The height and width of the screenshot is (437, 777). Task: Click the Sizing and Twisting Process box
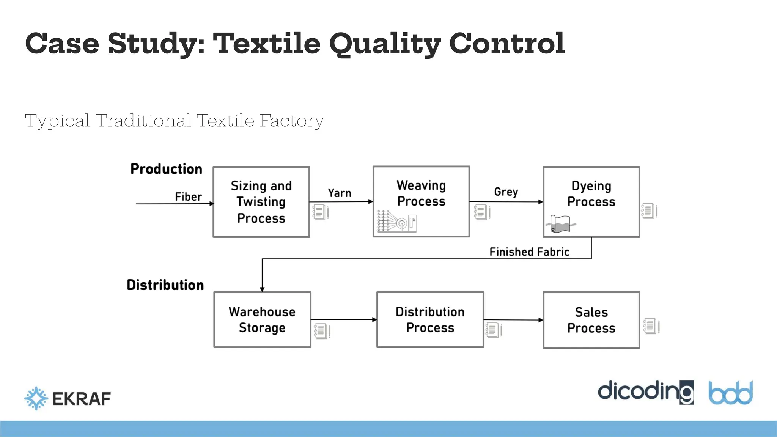261,202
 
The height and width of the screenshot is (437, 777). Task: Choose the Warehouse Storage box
262,319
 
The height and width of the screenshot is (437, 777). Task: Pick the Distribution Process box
430,319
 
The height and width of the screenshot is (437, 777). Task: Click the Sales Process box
591,320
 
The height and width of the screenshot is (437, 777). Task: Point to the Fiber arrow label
188,197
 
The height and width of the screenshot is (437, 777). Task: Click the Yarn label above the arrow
340,193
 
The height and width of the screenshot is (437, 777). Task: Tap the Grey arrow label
506,192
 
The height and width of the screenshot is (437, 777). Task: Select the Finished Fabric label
529,252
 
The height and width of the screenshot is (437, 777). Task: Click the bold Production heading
166,169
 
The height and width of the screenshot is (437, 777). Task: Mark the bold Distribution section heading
165,285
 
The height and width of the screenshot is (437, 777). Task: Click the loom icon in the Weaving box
397,221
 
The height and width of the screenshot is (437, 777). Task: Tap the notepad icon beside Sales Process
651,326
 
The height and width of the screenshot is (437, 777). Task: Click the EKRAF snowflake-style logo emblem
36,398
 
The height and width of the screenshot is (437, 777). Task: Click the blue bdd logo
730,393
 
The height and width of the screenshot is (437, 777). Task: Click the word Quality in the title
385,44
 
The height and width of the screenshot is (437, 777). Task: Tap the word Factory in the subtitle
292,121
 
